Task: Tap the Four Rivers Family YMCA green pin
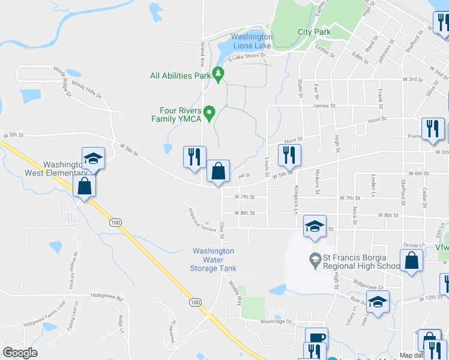click(x=209, y=112)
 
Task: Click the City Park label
click(x=314, y=32)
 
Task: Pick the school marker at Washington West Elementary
click(x=93, y=159)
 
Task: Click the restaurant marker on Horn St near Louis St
click(x=289, y=155)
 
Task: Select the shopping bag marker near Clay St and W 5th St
click(x=218, y=171)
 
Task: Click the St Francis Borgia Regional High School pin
click(x=315, y=260)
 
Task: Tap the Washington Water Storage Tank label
click(x=214, y=260)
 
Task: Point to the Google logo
click(x=20, y=353)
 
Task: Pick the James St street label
click(x=324, y=106)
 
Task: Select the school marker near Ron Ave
click(x=378, y=302)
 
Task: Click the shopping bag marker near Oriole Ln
click(x=412, y=261)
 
